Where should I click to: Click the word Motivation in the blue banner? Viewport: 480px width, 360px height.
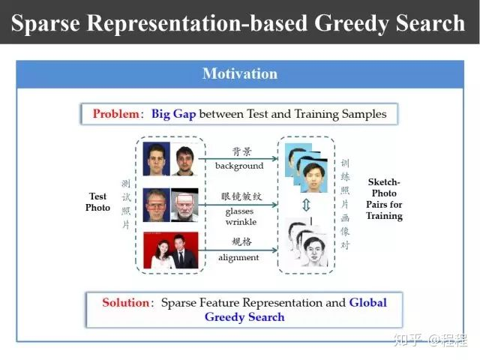(240, 73)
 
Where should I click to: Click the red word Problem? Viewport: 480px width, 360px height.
(116, 114)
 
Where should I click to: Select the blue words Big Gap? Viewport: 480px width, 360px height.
(173, 114)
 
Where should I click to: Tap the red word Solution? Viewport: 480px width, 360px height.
(125, 302)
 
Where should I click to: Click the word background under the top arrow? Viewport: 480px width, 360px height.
(239, 166)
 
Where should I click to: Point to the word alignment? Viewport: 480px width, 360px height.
(238, 257)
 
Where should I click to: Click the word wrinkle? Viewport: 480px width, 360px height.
(241, 222)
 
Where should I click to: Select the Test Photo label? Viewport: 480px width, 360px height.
(97, 202)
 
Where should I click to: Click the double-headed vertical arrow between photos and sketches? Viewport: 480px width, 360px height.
(306, 205)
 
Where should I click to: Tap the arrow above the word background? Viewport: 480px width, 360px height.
(238, 158)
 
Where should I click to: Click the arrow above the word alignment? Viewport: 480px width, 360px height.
(238, 250)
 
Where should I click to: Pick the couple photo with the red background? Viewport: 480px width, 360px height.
(171, 250)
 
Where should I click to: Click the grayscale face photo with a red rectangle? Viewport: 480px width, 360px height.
(184, 205)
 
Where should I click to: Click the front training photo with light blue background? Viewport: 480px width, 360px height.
(314, 175)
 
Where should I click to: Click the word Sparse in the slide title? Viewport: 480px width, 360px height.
(46, 23)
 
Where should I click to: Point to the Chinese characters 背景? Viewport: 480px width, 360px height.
(241, 151)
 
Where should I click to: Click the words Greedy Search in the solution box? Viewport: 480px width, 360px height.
(244, 317)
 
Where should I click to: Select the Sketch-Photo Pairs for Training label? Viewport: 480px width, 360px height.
(384, 199)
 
